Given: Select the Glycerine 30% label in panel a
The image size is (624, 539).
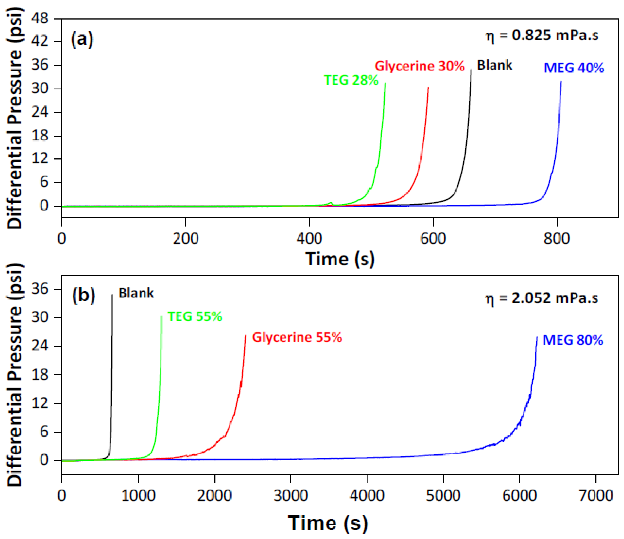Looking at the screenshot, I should coord(420,66).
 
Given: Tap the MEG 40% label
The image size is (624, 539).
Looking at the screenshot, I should coord(574,68).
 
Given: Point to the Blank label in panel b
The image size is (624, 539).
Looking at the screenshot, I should coord(136,293).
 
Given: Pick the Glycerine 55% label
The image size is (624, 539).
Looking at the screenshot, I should coord(297,338).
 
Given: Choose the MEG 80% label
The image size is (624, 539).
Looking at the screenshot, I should coord(573,340).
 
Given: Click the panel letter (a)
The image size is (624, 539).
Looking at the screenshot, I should coord(82,39).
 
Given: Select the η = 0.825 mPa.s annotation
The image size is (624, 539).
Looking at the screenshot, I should coord(542,36).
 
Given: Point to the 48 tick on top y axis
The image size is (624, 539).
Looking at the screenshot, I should coord(40,19).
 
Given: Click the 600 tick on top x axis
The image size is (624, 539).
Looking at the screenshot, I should coord(433,238).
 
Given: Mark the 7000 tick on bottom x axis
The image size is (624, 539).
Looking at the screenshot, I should coord(596,495).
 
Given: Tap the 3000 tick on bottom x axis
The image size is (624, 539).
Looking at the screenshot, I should coord(291,495).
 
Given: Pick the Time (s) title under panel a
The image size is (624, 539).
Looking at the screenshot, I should coord(340,259).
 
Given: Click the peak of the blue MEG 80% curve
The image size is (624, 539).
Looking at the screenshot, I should coord(537,337).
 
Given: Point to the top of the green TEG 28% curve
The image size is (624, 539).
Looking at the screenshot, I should coord(385,83).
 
